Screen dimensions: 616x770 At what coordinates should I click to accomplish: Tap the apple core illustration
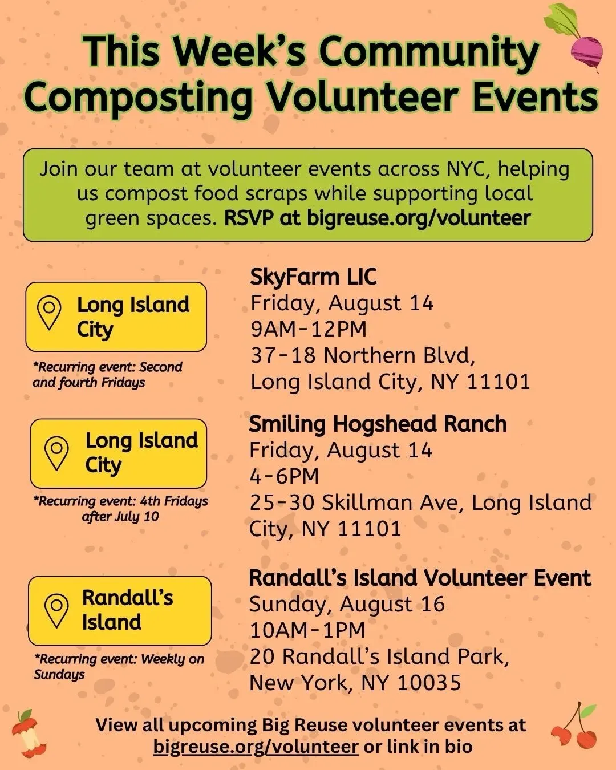pos(28,733)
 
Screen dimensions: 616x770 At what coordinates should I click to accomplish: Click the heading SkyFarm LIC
pos(313,277)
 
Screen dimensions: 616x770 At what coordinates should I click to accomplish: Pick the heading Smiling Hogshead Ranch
pos(378,424)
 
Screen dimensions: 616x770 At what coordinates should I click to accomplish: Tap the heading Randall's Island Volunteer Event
pos(420,578)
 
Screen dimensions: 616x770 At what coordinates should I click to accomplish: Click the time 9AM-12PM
pos(309,329)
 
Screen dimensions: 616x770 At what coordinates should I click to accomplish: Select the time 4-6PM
pos(284,476)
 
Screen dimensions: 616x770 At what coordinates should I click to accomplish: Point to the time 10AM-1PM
pos(307,630)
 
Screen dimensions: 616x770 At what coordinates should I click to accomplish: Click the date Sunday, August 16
pos(347,605)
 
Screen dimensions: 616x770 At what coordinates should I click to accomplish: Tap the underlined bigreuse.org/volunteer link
pos(256,747)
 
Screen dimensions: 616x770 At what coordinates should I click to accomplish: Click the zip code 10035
pos(429,682)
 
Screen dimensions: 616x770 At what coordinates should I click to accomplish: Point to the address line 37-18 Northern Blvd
pos(363,355)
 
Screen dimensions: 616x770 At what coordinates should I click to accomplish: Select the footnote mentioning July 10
pos(120,509)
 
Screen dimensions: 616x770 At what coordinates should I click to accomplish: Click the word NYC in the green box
pos(468,169)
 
